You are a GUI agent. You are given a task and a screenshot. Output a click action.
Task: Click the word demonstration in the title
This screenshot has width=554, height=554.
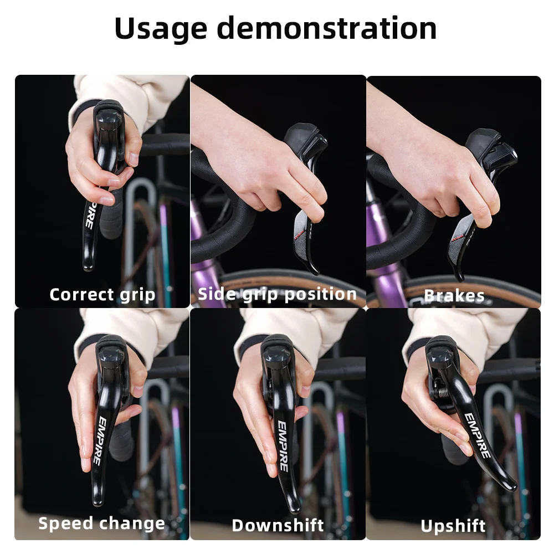[326, 29]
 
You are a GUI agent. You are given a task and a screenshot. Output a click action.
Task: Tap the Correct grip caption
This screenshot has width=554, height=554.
[102, 294]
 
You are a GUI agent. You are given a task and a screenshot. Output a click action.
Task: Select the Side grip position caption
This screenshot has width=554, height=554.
[277, 294]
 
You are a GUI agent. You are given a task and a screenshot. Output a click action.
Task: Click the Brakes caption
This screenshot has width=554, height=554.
[454, 296]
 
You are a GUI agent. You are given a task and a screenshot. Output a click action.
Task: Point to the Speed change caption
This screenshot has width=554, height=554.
[101, 524]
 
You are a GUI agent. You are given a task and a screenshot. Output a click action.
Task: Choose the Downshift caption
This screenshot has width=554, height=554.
[278, 525]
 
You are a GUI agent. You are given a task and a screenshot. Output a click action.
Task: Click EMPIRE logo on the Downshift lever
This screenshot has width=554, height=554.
[283, 446]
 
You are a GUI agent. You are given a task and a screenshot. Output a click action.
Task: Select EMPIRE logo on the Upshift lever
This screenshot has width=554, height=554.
[477, 435]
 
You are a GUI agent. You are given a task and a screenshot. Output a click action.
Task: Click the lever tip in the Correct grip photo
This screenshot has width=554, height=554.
[88, 265]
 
